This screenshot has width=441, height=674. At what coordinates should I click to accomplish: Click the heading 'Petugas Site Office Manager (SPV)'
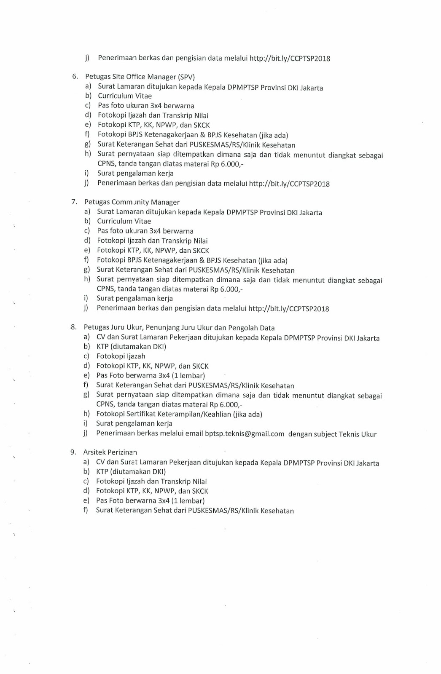click(x=140, y=77)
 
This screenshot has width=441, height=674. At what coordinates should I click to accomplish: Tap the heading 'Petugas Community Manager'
click(x=132, y=202)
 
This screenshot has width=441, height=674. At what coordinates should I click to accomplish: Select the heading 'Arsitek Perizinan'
click(x=110, y=452)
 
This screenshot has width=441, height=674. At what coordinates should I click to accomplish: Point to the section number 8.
click(x=73, y=327)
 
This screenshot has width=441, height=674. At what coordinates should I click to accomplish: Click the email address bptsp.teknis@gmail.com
click(x=245, y=434)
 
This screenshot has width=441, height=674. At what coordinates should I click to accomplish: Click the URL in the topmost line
click(x=290, y=59)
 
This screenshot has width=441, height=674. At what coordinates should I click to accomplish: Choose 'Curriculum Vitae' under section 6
click(x=125, y=96)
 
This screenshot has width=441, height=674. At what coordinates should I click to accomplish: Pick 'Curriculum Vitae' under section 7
click(x=124, y=221)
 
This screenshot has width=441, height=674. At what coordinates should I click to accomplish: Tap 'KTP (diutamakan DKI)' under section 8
click(x=131, y=347)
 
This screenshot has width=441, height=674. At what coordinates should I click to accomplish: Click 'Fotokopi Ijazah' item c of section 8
click(x=121, y=356)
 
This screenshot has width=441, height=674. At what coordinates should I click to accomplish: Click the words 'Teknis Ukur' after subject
click(x=358, y=434)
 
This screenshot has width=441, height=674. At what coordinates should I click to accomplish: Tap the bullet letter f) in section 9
click(x=86, y=510)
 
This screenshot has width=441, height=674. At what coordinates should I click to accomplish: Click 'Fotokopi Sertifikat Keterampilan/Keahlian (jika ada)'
click(x=179, y=414)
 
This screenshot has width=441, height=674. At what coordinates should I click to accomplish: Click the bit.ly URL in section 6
click(x=289, y=184)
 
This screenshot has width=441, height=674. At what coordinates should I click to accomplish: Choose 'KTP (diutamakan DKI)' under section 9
click(x=131, y=472)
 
